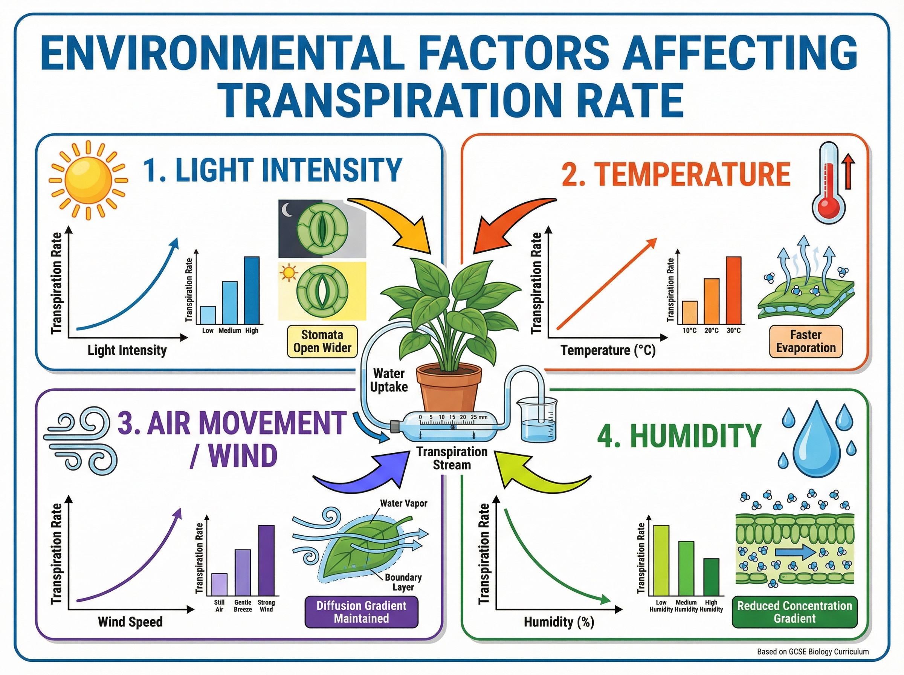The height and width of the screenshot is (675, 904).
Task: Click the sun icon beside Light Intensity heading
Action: click(88, 180)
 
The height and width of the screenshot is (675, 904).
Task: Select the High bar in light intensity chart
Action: click(252, 290)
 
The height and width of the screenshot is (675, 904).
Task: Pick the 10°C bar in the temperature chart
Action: click(690, 313)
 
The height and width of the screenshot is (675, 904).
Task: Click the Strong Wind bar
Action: click(266, 560)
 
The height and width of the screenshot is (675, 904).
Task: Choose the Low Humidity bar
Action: click(661, 560)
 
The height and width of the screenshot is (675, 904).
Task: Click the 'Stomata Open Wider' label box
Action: click(322, 342)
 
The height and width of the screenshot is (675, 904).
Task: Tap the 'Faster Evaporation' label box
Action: click(806, 342)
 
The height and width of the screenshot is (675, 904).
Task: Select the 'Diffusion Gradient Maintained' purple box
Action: click(362, 612)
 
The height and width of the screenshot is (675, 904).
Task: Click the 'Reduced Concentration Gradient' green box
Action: click(794, 612)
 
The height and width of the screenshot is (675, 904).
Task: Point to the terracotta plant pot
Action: click(449, 388)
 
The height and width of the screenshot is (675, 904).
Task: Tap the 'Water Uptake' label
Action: click(388, 380)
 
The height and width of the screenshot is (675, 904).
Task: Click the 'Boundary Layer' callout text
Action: click(403, 582)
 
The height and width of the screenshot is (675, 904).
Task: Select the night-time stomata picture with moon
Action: click(322, 229)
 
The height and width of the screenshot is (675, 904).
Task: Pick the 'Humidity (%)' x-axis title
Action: click(559, 622)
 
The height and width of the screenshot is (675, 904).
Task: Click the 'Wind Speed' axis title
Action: click(130, 622)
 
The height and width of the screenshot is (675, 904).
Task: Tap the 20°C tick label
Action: click(711, 331)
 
